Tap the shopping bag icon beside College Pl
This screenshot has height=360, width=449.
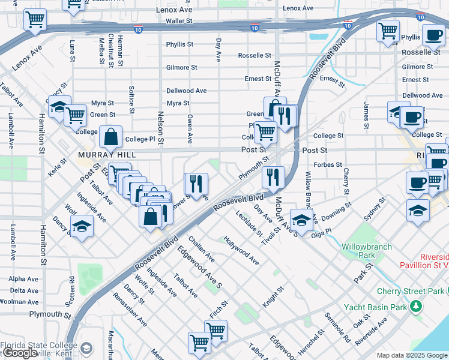(x=111, y=137)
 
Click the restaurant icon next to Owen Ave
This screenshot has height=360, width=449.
(x=196, y=182)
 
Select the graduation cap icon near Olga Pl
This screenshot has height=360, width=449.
(x=301, y=218)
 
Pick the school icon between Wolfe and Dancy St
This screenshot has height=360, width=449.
(x=82, y=226)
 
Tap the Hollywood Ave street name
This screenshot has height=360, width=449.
(x=241, y=250)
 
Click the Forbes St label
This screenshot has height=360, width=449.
(x=327, y=164)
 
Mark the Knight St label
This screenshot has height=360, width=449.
(x=273, y=297)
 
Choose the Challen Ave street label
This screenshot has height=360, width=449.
(x=202, y=248)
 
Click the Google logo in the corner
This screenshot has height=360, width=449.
(x=20, y=353)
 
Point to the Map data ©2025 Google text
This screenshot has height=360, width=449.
(x=412, y=355)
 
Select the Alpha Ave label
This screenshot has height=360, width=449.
(x=23, y=279)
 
